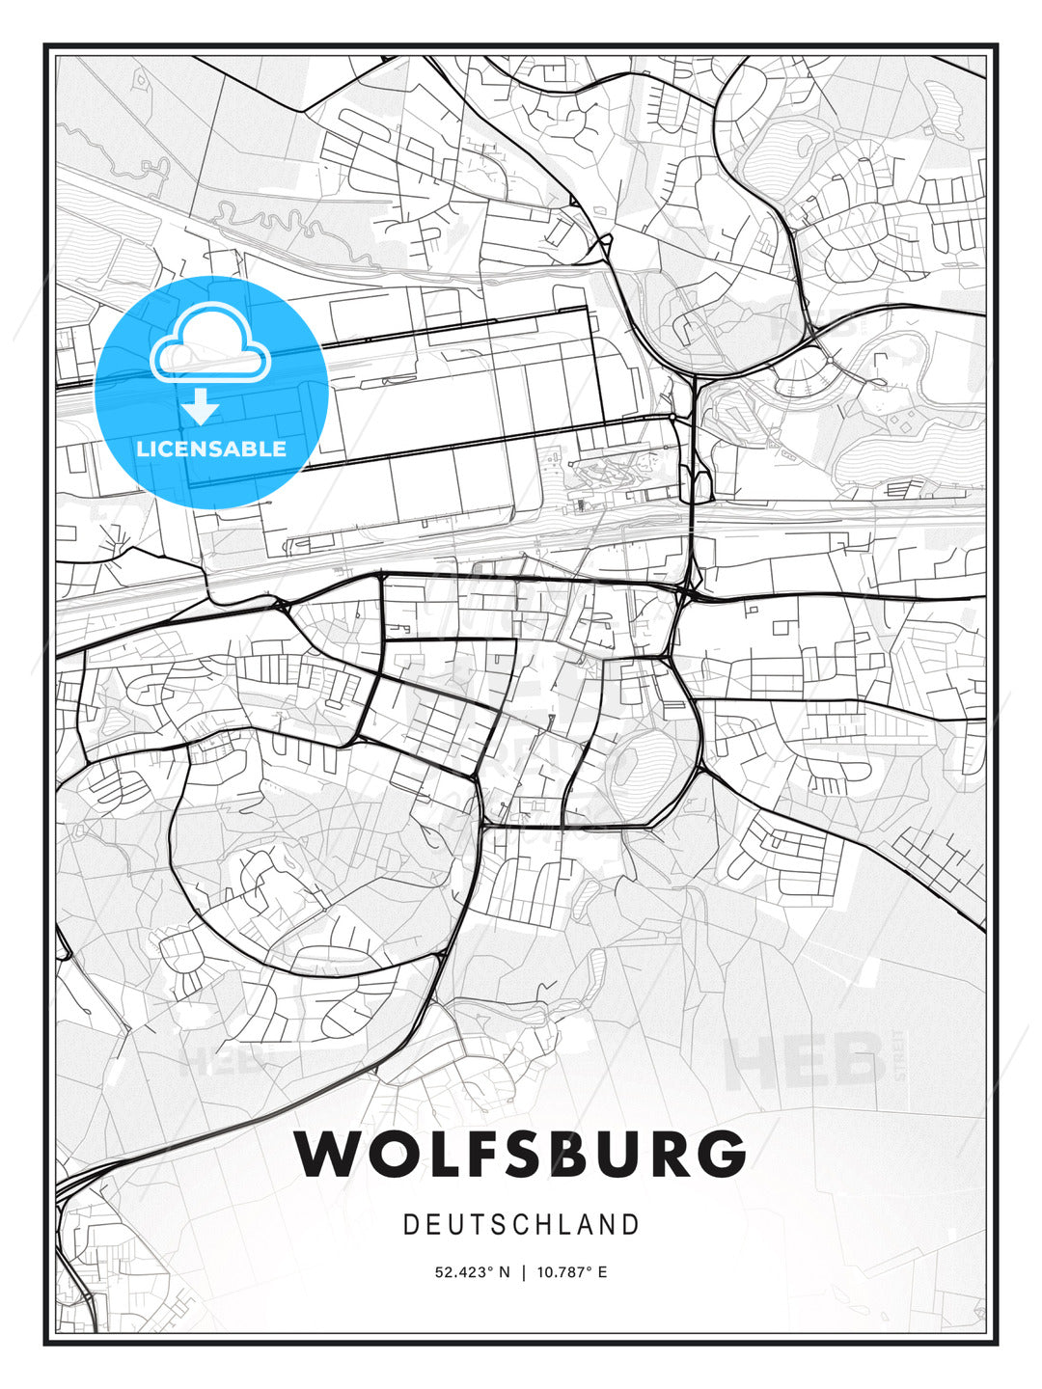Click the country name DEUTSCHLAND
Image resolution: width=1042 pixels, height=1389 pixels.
coord(521,1225)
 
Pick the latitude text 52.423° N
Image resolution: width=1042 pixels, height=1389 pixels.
coord(472,1272)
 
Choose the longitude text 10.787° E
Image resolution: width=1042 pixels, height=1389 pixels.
coord(573,1272)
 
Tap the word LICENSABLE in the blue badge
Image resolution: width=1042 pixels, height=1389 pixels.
coord(211,449)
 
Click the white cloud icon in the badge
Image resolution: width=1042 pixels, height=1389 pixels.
coord(210,343)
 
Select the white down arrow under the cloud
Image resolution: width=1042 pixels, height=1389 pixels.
coord(202,407)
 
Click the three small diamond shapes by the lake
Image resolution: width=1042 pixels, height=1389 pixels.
coord(903,421)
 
